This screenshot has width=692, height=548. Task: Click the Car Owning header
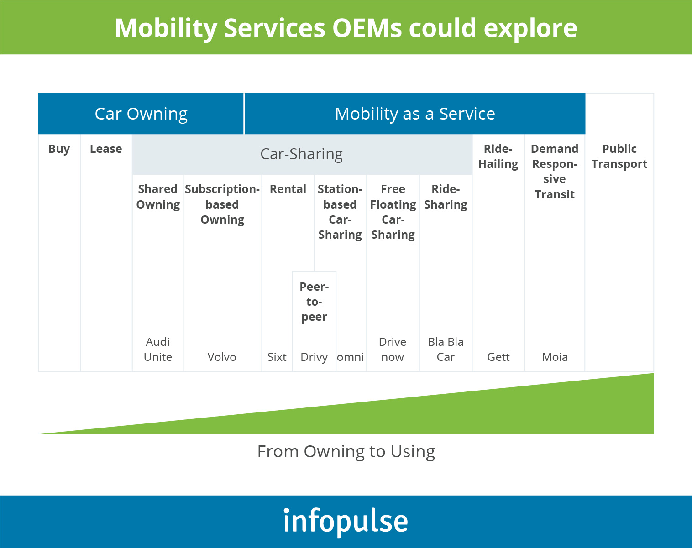[x=141, y=114]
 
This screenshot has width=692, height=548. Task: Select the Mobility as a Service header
[x=415, y=114]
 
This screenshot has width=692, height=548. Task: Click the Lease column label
[x=106, y=149]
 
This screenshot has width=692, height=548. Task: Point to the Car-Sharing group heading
[x=302, y=154]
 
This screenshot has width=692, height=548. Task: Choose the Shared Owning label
[x=158, y=197]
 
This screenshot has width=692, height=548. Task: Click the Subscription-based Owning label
[x=222, y=204]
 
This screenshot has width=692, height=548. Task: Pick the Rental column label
[x=288, y=189]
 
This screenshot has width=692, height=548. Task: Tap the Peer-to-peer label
[x=314, y=302]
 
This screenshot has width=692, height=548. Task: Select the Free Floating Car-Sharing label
[x=393, y=212]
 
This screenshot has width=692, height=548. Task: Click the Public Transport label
[x=619, y=157]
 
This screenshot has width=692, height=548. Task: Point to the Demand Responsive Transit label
[x=555, y=172]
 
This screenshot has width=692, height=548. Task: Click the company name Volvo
[x=222, y=357]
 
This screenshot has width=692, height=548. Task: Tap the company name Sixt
[x=277, y=357]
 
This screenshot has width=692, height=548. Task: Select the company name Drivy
[x=314, y=357]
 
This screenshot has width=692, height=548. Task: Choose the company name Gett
[x=498, y=357]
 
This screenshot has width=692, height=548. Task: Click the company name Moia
[x=555, y=357]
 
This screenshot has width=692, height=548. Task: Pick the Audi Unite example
[x=158, y=350]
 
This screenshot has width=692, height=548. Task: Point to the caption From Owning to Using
[x=346, y=452]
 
